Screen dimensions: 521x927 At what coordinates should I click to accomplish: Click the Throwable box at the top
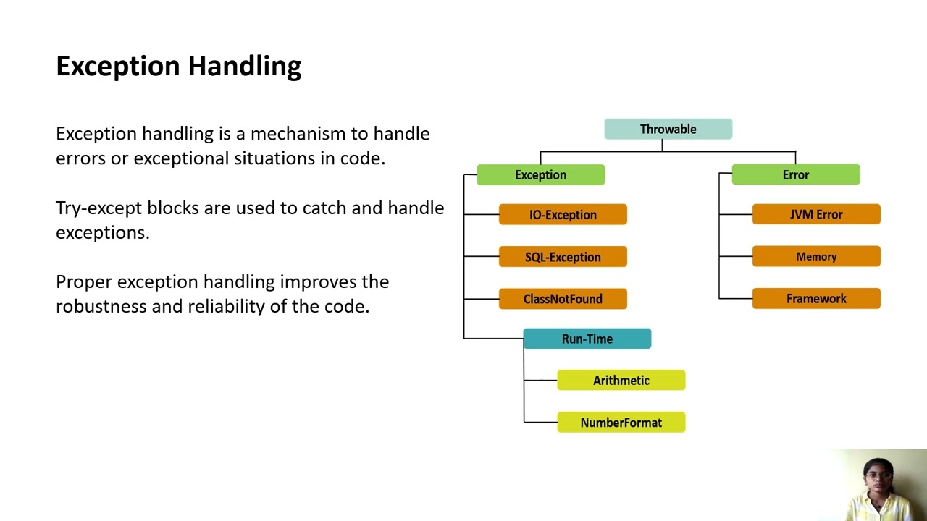[668, 130]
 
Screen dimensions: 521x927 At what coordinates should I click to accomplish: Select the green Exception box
[540, 175]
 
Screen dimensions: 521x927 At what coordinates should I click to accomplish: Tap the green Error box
[795, 175]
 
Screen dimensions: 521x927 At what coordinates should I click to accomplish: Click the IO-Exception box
[563, 215]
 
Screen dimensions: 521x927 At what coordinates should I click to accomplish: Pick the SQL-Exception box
[563, 257]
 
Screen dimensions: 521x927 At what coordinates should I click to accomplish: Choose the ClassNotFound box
[563, 299]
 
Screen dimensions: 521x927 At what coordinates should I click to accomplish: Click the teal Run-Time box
[587, 339]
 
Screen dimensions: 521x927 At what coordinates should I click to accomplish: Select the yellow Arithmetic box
[621, 381]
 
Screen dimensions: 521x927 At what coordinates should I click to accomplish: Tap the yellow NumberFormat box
[621, 423]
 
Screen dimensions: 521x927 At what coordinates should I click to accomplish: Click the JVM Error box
[816, 215]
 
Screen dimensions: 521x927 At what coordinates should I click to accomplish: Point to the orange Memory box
[816, 257]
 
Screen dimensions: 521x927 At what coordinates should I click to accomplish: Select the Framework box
[816, 299]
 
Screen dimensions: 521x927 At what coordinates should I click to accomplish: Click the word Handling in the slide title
[245, 67]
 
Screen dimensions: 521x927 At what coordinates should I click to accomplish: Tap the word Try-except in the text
[98, 208]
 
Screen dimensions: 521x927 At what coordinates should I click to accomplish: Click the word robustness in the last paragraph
[101, 306]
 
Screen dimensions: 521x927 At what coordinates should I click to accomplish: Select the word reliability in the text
[226, 306]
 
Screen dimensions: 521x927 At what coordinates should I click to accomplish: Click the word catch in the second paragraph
[324, 208]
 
